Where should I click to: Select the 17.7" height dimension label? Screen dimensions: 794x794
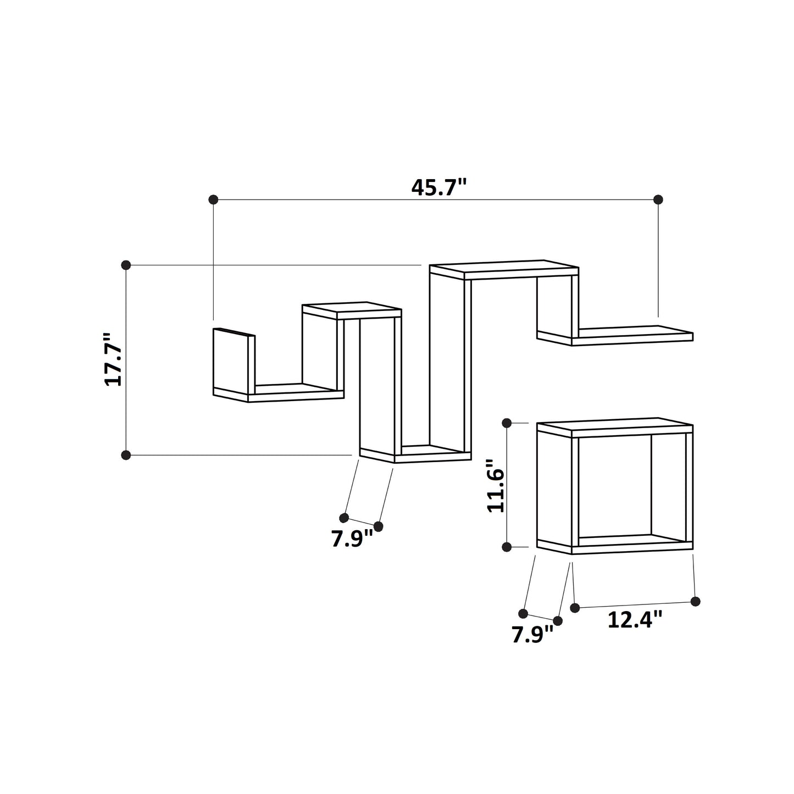pyautogui.click(x=114, y=359)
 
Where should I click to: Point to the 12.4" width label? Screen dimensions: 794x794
pyautogui.click(x=635, y=620)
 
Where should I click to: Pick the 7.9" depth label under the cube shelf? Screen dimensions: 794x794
pyautogui.click(x=532, y=635)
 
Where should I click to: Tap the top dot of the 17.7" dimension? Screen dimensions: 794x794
pyautogui.click(x=126, y=265)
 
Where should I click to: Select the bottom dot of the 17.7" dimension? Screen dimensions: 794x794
pyautogui.click(x=126, y=455)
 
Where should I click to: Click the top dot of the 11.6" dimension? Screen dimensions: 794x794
pyautogui.click(x=507, y=423)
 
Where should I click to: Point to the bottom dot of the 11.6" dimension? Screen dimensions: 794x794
pyautogui.click(x=507, y=547)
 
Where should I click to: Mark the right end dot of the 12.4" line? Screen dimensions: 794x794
pyautogui.click(x=696, y=601)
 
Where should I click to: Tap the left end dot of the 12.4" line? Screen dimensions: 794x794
pyautogui.click(x=575, y=608)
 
